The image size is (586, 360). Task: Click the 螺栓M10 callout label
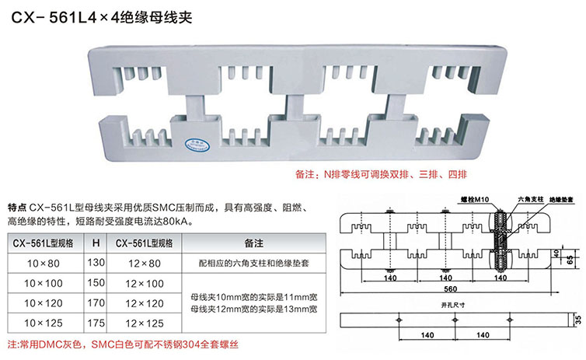pos(472,199)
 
